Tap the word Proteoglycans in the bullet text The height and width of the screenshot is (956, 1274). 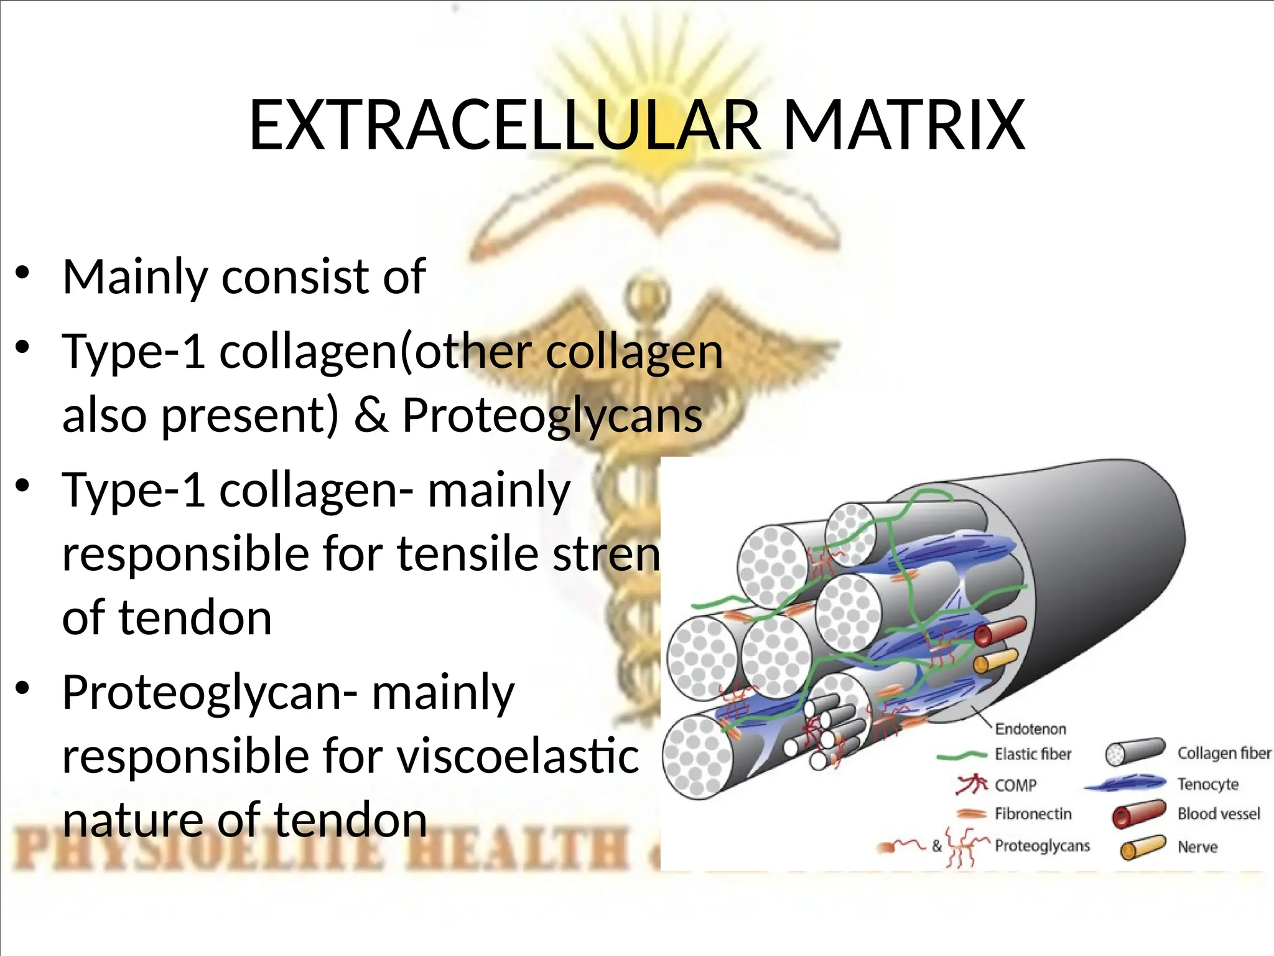(552, 415)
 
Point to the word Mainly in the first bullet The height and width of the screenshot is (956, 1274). (135, 276)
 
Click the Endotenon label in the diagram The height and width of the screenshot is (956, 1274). (1030, 729)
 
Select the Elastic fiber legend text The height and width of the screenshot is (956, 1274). (1033, 754)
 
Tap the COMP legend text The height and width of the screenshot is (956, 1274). (1015, 785)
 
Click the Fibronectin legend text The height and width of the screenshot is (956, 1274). (1033, 814)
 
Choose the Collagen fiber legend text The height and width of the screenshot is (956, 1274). (1224, 753)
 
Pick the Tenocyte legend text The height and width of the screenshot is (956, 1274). (1207, 784)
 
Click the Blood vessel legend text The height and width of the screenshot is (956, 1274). (1219, 814)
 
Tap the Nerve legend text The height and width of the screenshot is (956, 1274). (1197, 846)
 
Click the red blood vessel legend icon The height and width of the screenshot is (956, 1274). (1138, 814)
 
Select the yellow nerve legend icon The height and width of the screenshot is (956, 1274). (1142, 847)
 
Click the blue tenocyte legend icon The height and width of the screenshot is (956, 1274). (1126, 784)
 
